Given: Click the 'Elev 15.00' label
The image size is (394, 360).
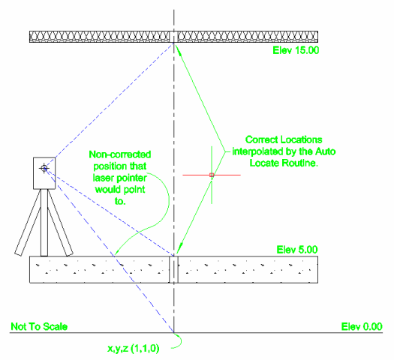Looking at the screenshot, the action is click(296, 50).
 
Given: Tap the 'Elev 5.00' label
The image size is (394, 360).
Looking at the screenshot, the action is click(297, 250).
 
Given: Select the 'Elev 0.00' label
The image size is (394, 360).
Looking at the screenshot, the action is click(362, 326).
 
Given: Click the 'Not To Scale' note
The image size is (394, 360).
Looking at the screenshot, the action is click(39, 326).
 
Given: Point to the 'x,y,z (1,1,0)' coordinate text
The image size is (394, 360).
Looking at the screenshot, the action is click(134, 348).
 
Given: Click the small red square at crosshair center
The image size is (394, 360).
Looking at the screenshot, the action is click(212, 175).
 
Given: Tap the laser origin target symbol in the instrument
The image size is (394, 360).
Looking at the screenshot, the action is click(44, 168).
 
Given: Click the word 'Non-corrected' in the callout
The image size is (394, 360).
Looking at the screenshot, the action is click(120, 154).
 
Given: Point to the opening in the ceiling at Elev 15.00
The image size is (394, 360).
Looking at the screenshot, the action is click(173, 37).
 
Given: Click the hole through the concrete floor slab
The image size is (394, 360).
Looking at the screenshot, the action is click(173, 269).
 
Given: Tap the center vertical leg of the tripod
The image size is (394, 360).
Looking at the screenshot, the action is click(44, 223).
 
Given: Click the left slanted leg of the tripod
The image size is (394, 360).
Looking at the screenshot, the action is click(29, 222).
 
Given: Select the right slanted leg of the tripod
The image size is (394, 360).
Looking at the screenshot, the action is click(60, 223).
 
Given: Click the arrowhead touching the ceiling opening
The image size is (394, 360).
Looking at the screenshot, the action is click(179, 50).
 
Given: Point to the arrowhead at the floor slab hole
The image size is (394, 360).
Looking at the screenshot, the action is click(179, 247).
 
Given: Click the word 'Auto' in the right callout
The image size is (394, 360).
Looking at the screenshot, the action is click(326, 151).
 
